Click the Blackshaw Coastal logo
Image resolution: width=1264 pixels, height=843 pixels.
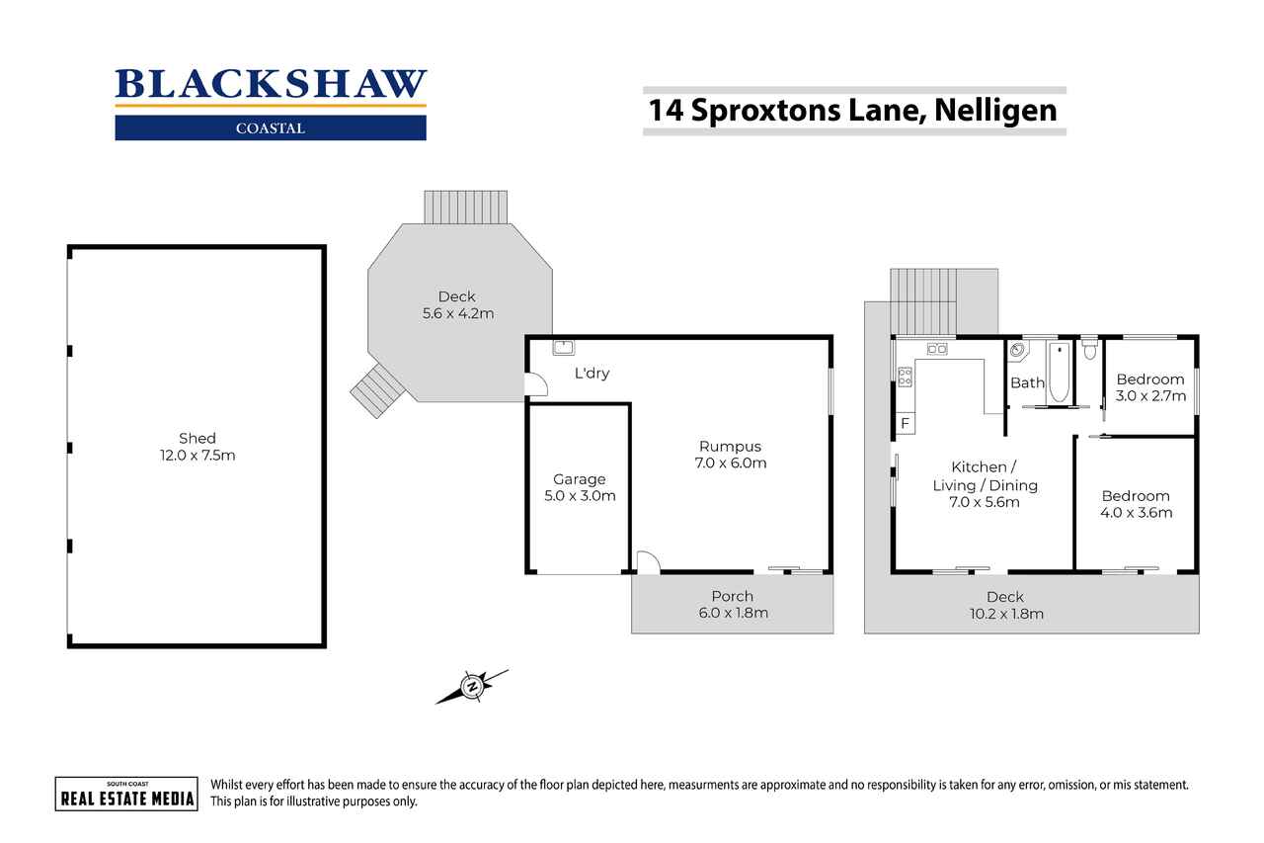(x=271, y=103)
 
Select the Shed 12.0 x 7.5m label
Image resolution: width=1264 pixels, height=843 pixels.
(x=197, y=447)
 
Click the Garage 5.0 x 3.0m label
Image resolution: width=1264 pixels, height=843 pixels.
(x=579, y=487)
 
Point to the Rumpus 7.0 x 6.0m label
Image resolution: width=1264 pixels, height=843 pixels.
(x=731, y=455)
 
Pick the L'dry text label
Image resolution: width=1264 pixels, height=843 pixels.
(x=592, y=375)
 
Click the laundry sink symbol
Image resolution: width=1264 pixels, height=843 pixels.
(x=564, y=347)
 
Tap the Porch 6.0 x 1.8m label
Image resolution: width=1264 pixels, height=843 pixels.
(x=732, y=604)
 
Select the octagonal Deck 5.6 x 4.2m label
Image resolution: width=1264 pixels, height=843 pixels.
(x=456, y=304)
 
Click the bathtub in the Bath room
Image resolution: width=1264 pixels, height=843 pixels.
(x=1059, y=373)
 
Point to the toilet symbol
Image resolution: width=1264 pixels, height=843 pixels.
(x=1089, y=349)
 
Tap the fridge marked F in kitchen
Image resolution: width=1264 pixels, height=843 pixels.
(x=905, y=423)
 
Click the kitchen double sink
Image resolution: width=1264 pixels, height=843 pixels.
(x=936, y=348)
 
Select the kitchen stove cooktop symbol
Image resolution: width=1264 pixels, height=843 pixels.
(x=905, y=376)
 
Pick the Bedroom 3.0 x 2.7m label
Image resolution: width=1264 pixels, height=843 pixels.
(x=1150, y=387)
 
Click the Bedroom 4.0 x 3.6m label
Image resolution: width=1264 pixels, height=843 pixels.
(x=1136, y=504)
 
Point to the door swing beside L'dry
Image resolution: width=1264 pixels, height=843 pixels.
(x=536, y=385)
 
